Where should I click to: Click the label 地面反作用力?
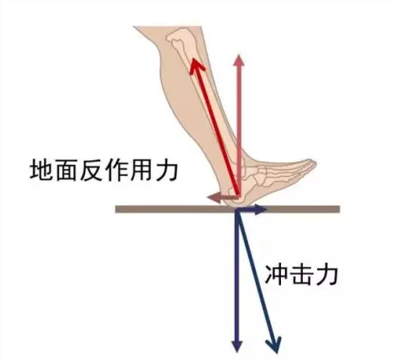(104, 170)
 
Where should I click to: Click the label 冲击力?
(301, 275)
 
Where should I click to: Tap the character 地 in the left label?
(41, 170)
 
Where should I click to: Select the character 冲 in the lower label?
(276, 275)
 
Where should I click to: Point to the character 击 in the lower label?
(301, 275)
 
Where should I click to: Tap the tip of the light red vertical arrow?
(238, 55)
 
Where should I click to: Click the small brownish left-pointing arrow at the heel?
(222, 197)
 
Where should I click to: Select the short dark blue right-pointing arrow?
(251, 209)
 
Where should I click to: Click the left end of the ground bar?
(116, 209)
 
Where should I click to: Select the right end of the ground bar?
(339, 209)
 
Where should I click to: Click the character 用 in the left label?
(142, 170)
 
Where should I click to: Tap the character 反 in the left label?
(91, 170)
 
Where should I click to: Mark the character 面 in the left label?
(66, 170)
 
